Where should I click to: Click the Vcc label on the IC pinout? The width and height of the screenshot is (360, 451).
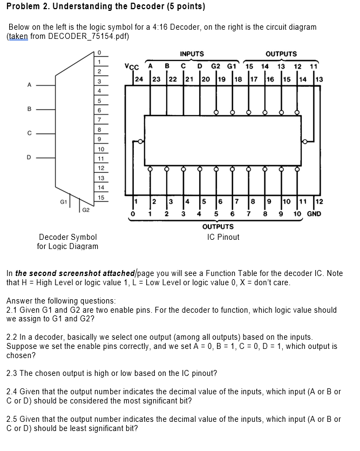(131, 68)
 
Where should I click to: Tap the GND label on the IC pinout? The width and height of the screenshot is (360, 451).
(314, 214)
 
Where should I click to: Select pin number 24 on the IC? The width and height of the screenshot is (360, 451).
(139, 79)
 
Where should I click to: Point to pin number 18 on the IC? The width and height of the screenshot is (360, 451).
(239, 79)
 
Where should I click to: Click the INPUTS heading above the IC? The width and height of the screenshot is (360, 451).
(192, 54)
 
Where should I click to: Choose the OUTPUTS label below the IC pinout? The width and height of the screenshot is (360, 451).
(219, 227)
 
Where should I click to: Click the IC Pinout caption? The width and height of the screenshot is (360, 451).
(223, 237)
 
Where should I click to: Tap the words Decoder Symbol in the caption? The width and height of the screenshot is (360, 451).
(68, 237)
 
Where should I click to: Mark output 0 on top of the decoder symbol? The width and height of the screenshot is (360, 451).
(99, 52)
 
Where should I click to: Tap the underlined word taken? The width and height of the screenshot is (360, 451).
(17, 36)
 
